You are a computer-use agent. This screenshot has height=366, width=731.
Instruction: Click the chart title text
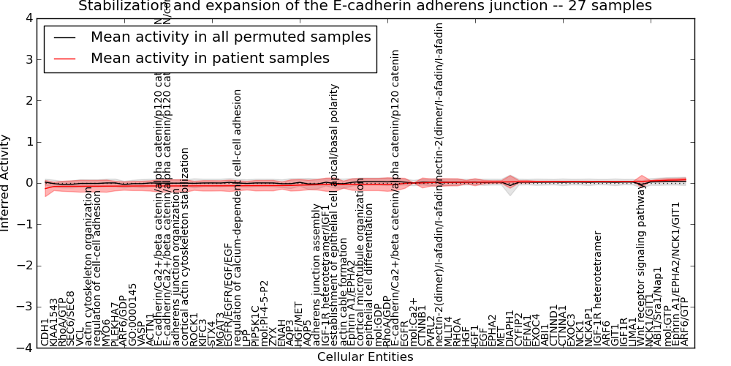click(x=365, y=6)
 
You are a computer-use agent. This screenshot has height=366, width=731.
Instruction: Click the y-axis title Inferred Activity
click(x=6, y=183)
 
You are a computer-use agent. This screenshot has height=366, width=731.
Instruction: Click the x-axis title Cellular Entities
click(x=365, y=357)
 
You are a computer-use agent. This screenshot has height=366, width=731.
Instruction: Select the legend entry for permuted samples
click(x=230, y=37)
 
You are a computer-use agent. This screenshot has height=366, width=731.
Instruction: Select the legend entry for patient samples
click(x=210, y=58)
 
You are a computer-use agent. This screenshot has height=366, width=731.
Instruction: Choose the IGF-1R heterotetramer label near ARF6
click(x=598, y=288)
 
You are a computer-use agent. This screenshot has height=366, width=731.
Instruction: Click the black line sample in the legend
click(x=64, y=37)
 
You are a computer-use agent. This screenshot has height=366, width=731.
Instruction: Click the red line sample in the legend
click(x=64, y=58)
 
